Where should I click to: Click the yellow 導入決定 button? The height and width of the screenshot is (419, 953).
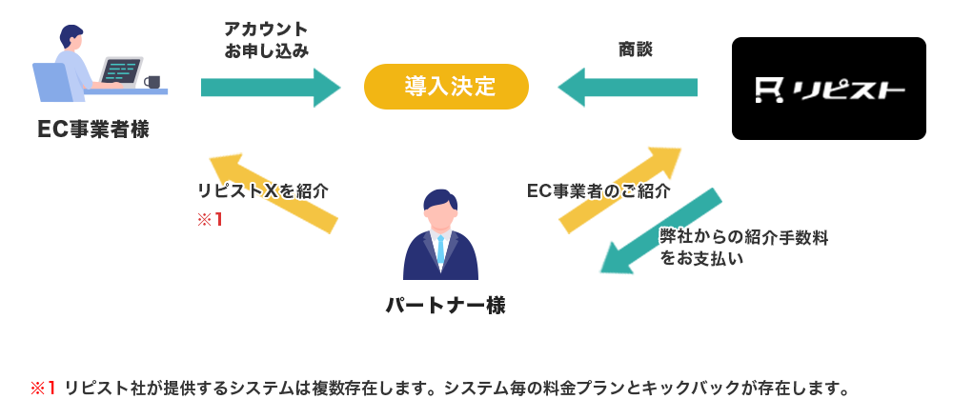click(x=446, y=87)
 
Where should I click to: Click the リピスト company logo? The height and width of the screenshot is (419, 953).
click(x=829, y=90)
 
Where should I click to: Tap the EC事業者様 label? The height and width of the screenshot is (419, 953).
click(x=93, y=130)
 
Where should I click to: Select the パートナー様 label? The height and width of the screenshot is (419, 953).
click(x=445, y=306)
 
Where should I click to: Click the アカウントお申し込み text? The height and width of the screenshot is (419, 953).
click(x=266, y=40)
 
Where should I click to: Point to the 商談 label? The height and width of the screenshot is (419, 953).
click(x=635, y=49)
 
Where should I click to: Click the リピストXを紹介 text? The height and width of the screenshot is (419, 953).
click(x=263, y=190)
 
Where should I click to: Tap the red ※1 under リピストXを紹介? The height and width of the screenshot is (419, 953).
click(x=210, y=220)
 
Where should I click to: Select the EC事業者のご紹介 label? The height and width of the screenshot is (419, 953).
click(x=598, y=190)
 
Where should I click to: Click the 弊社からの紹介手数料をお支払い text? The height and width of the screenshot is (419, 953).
click(x=743, y=247)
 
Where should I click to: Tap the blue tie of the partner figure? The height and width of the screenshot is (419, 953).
click(x=440, y=249)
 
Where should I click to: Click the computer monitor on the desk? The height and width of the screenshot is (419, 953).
click(x=121, y=72)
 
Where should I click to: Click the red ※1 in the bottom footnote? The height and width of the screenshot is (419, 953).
click(x=44, y=388)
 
